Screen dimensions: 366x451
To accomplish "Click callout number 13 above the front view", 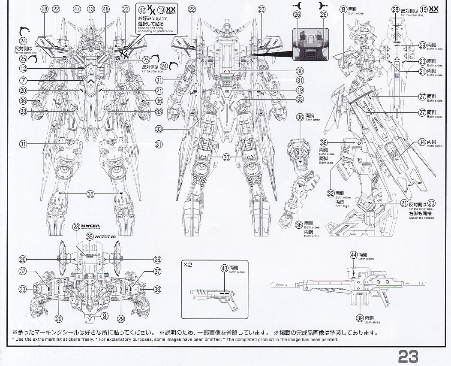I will (91, 9).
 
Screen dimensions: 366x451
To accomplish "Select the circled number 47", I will (77, 9).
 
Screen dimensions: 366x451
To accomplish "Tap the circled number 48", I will (105, 9).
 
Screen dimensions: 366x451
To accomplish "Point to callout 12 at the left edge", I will (23, 68).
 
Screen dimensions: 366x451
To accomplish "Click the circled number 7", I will (23, 80).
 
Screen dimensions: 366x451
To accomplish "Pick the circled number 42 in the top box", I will (142, 9).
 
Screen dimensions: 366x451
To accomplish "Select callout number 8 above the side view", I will (343, 9).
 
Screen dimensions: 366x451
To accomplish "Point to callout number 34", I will (422, 142).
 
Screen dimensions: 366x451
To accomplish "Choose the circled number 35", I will (90, 236).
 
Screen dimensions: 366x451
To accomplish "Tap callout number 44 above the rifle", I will (353, 255).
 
